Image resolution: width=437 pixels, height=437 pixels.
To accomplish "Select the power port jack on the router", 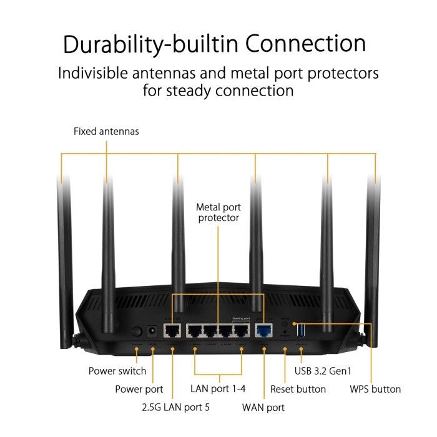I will (150, 332).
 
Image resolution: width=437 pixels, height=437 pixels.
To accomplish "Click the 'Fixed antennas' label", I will (106, 132).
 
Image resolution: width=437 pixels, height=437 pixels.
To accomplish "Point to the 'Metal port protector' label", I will (219, 212).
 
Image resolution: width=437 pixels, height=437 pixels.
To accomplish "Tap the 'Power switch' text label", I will (117, 371).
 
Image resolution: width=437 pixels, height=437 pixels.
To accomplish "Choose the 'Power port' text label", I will (139, 389).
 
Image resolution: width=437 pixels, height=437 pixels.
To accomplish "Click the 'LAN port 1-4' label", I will (218, 388).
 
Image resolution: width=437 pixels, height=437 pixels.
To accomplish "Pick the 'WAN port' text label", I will (263, 408).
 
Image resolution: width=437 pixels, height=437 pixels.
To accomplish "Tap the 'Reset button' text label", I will (298, 389).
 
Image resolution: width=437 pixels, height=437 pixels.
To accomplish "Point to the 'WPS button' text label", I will (375, 389).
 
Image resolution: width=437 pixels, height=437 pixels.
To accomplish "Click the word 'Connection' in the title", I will (305, 44).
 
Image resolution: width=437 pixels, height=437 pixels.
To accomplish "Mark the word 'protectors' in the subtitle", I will (337, 73).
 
